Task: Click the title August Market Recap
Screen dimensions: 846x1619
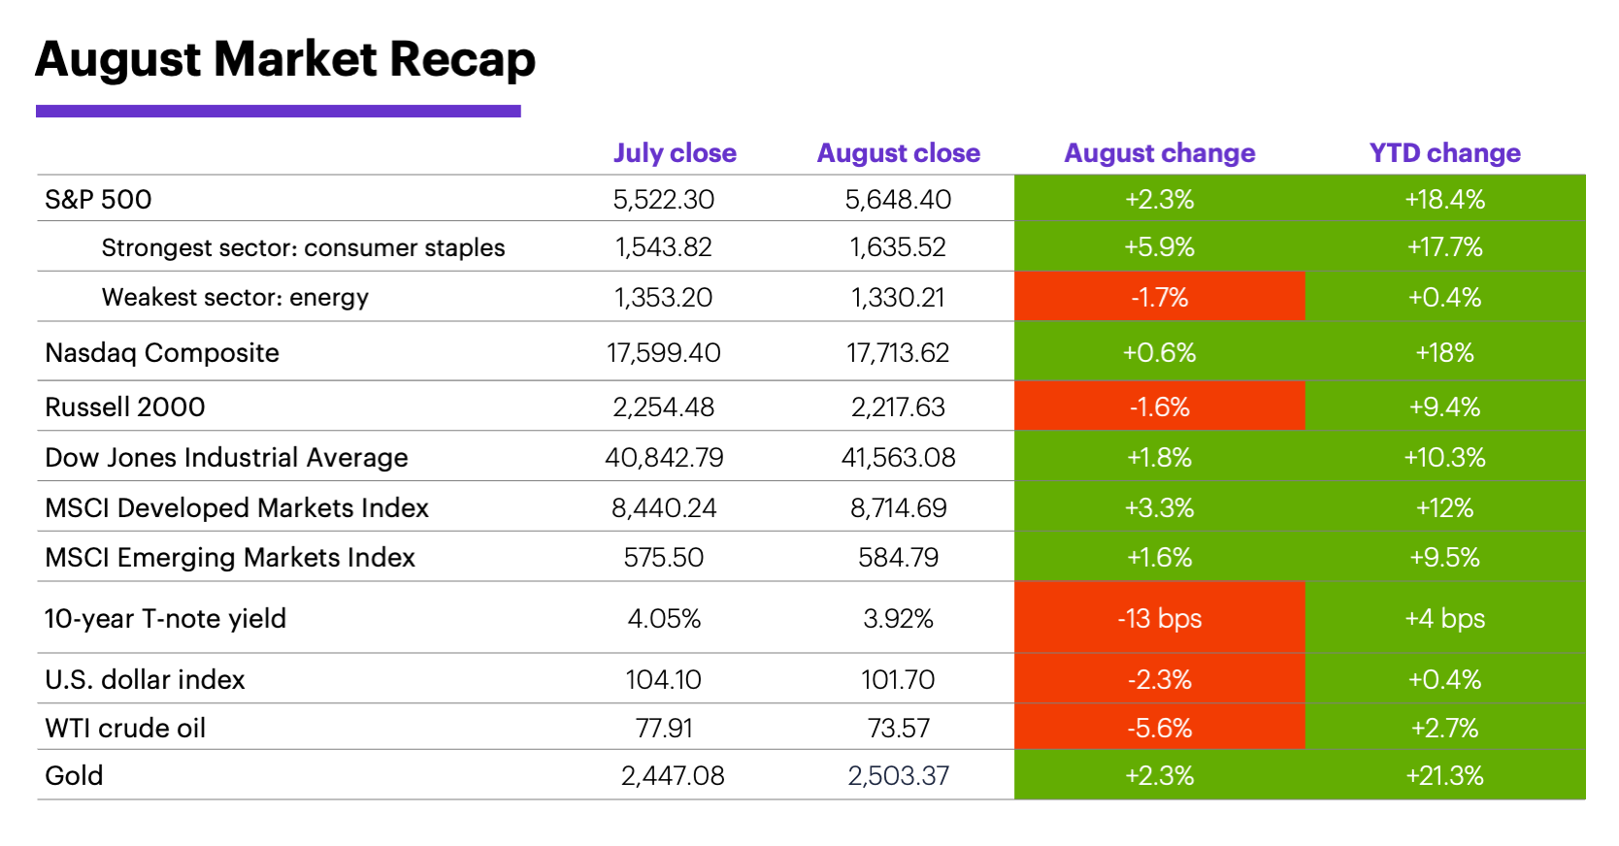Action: [284, 59]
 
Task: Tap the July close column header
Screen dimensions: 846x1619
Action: [675, 153]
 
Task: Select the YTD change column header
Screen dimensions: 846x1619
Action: [1444, 153]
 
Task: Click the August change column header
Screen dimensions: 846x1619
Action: [1159, 153]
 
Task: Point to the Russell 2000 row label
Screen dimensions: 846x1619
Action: [125, 407]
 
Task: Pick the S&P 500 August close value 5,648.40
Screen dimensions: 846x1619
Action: [898, 200]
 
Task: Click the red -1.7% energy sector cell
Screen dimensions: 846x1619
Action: [1159, 297]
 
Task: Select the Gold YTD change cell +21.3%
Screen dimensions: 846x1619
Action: [1444, 775]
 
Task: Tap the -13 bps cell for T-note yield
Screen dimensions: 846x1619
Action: [1159, 618]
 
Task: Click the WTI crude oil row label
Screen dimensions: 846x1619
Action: [125, 728]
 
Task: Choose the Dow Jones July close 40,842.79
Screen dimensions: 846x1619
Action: [664, 457]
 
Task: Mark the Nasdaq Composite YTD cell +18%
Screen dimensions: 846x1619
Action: [1444, 352]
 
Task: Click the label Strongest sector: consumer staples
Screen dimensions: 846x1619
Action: [303, 247]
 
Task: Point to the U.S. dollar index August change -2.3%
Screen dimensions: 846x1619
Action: [1159, 679]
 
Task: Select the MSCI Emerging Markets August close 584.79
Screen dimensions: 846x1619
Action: [898, 558]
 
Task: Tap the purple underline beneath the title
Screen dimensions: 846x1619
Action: [278, 112]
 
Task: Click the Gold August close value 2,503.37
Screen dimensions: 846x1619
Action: [898, 775]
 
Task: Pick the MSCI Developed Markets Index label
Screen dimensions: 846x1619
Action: [237, 507]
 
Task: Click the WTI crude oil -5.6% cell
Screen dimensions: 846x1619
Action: [1159, 728]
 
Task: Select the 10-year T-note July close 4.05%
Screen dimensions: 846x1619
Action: [664, 618]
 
